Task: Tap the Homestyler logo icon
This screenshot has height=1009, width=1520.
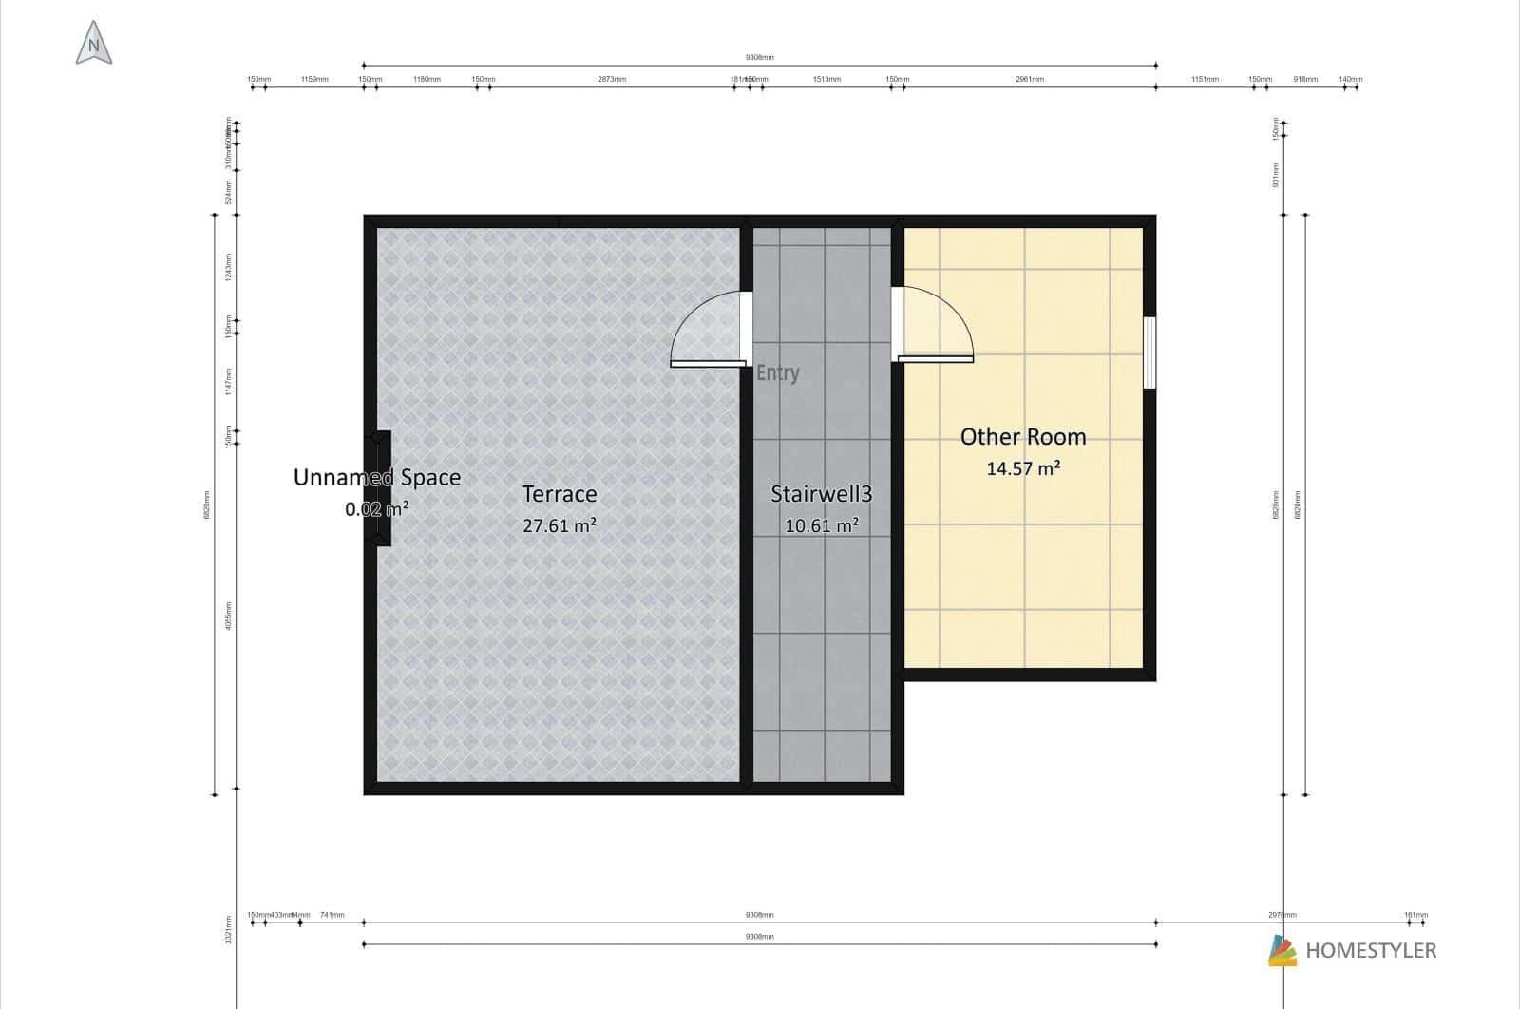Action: pos(1282,950)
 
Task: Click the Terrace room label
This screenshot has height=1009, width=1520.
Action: pos(560,494)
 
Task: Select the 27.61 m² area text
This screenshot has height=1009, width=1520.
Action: pos(560,525)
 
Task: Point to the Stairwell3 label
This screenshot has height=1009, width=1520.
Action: pos(821,494)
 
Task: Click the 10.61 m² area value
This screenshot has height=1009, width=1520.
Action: pos(822,525)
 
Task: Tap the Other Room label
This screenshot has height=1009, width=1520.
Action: pos(1022,437)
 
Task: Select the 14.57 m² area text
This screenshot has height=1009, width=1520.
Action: pos(1022,468)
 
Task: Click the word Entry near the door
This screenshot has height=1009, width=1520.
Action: pos(777,373)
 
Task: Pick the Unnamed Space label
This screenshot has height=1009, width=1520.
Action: pos(377,478)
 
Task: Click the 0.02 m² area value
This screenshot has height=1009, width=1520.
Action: pos(377,509)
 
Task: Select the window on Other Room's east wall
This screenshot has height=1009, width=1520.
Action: pos(1149,352)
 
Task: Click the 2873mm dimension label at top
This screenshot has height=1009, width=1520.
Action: pos(612,79)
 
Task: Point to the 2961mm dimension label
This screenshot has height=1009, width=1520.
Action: pos(1029,79)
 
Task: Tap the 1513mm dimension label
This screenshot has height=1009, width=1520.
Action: pos(826,79)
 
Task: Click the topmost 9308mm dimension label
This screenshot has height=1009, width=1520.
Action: pos(759,57)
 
